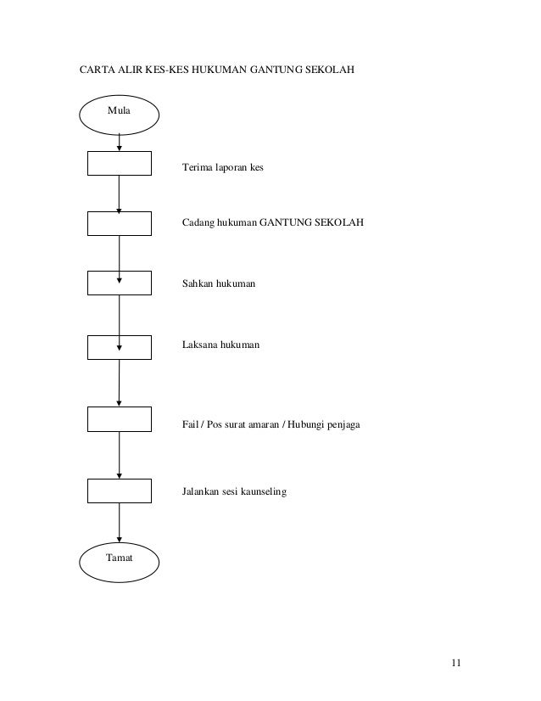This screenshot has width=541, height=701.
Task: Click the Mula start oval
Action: coord(120,112)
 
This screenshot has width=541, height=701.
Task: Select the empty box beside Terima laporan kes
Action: coord(120,165)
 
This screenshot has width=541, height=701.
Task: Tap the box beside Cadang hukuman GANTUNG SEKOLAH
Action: coord(120,223)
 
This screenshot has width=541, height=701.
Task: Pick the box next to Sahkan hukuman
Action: coord(120,282)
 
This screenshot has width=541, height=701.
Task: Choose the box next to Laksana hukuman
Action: coord(120,346)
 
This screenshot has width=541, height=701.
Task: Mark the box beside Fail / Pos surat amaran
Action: coord(120,419)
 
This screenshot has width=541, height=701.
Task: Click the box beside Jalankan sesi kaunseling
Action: coord(120,491)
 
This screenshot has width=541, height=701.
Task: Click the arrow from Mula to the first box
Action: coord(120,142)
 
